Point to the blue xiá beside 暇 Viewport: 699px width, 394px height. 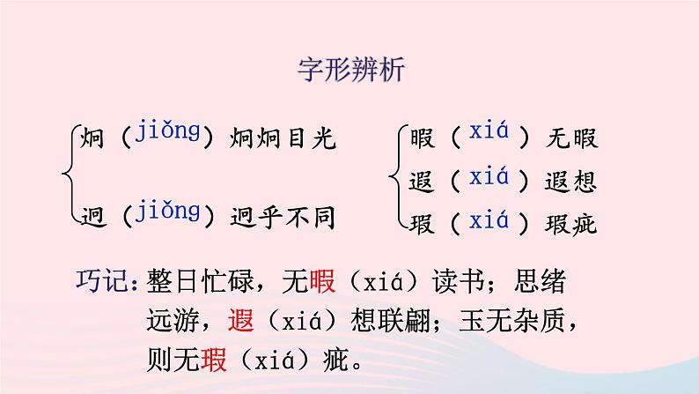[489, 135]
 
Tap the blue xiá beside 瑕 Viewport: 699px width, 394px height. [489, 220]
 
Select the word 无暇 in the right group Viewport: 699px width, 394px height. [572, 138]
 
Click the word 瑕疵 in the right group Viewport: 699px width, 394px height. [572, 224]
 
